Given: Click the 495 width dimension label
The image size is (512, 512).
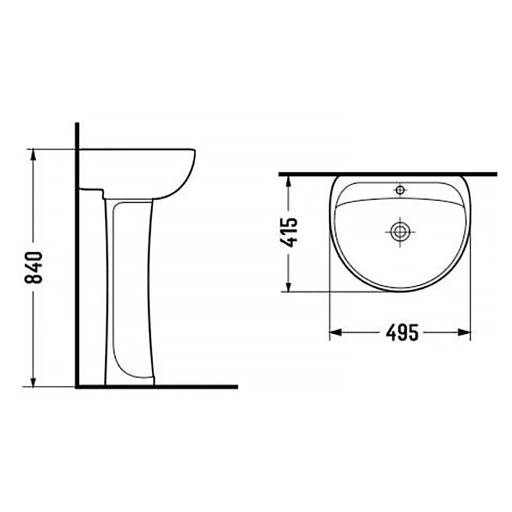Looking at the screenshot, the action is pos(402,333).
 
